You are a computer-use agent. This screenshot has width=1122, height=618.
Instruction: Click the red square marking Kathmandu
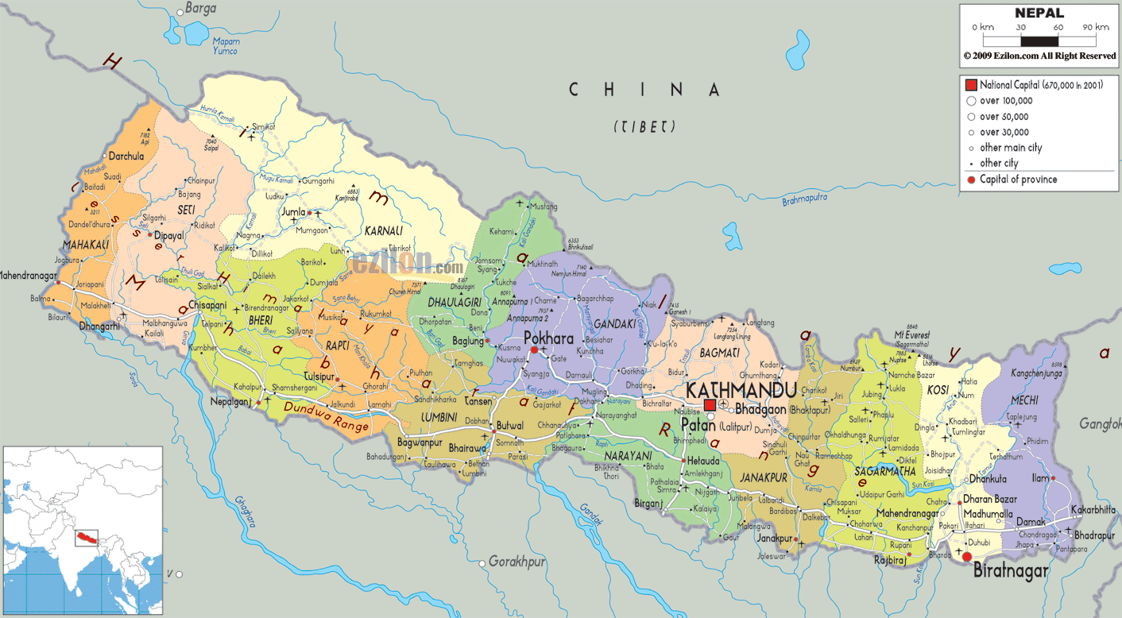[710, 405]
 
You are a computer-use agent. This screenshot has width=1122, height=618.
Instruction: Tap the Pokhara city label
[548, 338]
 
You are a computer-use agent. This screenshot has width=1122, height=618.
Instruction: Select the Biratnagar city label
[1011, 570]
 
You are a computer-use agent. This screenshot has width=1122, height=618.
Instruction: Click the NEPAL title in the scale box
[1039, 13]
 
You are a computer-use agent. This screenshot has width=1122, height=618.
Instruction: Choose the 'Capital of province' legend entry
[1018, 180]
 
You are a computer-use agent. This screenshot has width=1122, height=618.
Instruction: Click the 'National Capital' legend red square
[970, 85]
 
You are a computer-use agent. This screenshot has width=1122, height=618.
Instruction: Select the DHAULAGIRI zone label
[453, 303]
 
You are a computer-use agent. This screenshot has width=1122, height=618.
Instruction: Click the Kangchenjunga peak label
[1038, 373]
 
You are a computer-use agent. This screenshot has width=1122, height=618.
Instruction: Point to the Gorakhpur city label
[517, 562]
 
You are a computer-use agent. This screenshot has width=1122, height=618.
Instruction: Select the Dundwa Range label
[327, 419]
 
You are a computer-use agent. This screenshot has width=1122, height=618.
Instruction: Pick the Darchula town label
[126, 156]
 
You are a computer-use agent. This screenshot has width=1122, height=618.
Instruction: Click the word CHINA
[644, 90]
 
